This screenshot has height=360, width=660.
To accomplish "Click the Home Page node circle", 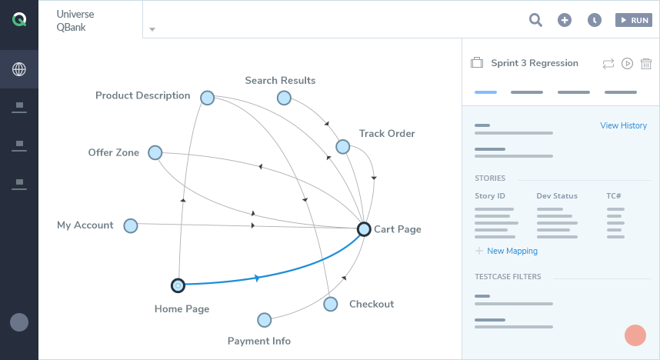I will (x=178, y=285).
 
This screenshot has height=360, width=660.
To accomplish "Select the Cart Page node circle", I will (x=365, y=228).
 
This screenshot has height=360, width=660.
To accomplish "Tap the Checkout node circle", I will (x=331, y=304).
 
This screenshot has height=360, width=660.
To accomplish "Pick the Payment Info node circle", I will (x=265, y=320).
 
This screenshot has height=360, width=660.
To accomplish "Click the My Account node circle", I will (x=131, y=225).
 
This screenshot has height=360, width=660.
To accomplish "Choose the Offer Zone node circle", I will (x=155, y=153).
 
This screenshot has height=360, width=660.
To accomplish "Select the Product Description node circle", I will (x=207, y=98).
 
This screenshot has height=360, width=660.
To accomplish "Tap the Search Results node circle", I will (x=284, y=98).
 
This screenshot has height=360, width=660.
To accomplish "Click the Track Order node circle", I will (x=343, y=146).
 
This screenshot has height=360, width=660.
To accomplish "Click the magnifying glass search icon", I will (x=535, y=20).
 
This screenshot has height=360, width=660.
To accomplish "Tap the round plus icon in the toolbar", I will (x=565, y=20).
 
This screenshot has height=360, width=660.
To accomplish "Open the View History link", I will (x=623, y=125).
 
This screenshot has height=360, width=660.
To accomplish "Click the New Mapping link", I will (x=512, y=251).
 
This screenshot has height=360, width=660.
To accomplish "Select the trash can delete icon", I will (x=646, y=63).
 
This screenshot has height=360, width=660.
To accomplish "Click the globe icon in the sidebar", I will (x=19, y=69).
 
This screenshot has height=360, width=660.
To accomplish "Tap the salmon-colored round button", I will (x=635, y=335).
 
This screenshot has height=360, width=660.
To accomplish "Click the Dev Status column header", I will (x=557, y=196).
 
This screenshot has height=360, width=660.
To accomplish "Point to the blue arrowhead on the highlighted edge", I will (x=256, y=278).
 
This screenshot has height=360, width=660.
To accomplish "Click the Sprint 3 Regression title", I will (x=535, y=63).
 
